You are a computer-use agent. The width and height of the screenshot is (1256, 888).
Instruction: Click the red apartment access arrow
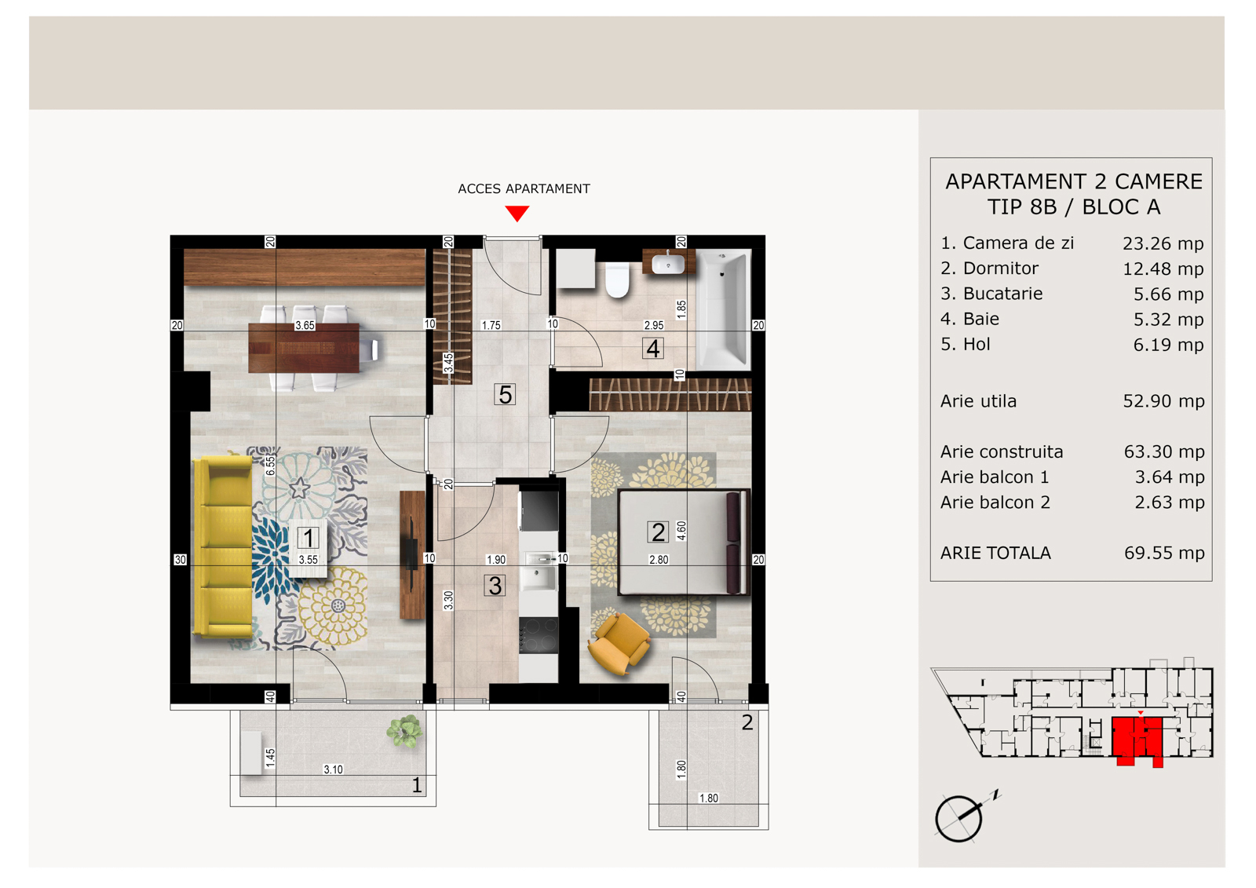pos(517,213)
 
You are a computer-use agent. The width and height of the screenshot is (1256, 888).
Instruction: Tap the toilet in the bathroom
pos(617,279)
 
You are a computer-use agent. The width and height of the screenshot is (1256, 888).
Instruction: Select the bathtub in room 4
pos(723,309)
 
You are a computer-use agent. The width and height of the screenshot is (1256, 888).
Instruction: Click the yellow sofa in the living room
pos(223,547)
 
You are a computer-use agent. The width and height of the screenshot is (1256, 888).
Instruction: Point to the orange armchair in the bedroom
pos(619,643)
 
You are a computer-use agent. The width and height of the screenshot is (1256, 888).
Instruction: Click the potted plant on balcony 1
pos(403,730)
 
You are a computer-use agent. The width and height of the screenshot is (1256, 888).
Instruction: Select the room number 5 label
pos(505,394)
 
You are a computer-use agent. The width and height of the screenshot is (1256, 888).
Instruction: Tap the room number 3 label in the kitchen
pos(495,586)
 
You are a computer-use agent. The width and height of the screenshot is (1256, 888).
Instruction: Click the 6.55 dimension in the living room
pos(270,466)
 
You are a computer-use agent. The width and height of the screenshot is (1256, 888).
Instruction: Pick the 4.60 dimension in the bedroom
pos(681,531)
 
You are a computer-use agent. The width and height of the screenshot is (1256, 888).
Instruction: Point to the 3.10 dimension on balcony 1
pos(333,769)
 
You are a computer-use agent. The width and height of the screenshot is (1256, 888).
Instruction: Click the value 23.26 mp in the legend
pos(1163,243)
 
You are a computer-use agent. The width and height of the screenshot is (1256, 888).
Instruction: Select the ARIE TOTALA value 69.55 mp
pos(1164,553)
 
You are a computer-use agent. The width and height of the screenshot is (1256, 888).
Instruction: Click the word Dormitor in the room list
pos(1000,269)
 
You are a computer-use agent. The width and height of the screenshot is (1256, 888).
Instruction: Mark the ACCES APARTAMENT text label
pos(524,188)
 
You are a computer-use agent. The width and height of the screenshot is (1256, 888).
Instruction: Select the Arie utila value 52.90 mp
pos(1163,401)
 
